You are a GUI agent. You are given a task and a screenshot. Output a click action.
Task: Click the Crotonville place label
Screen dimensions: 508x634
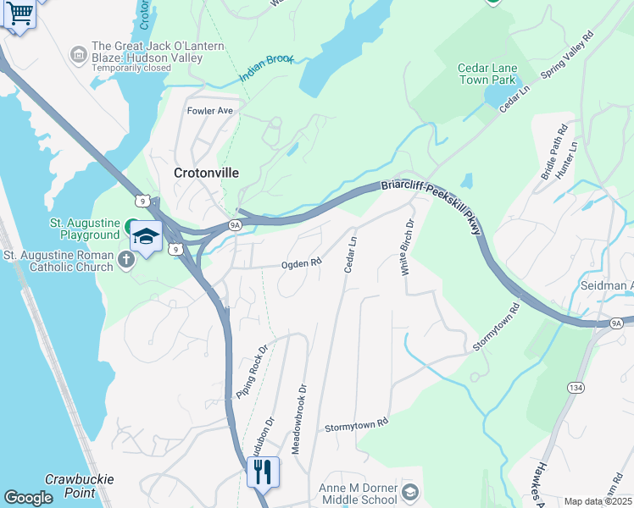click(206, 173)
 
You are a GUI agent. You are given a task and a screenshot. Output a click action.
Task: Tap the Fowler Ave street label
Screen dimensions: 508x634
click(209, 111)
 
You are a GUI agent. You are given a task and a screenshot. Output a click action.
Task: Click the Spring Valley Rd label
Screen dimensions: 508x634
click(567, 57)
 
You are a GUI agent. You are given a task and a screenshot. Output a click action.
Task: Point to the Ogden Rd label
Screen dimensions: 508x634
click(302, 263)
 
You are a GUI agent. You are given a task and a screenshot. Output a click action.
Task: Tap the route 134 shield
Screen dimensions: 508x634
click(575, 387)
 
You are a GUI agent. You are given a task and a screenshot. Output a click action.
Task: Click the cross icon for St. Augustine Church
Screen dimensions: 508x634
click(126, 258)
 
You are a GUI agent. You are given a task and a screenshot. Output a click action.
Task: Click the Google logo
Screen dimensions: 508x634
click(28, 498)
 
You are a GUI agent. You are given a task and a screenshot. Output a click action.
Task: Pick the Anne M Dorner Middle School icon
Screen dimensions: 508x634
click(409, 492)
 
